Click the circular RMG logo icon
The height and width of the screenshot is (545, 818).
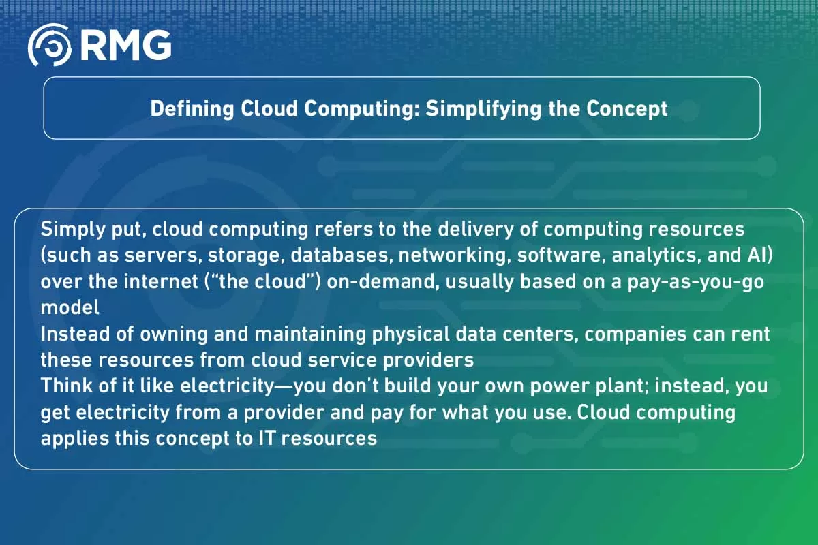pyautogui.click(x=50, y=46)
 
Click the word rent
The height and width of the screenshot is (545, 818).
pyautogui.click(x=751, y=334)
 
